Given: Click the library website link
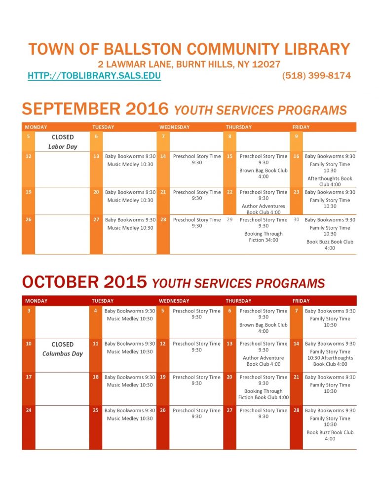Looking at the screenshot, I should coord(94,76).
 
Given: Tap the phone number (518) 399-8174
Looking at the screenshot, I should coord(316,76).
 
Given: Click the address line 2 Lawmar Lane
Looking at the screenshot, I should coord(189,65).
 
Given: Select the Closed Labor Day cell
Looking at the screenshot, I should coord(63,141).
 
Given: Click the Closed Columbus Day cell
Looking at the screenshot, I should coord(63,349).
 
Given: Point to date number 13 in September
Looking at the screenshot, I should coord(96,156).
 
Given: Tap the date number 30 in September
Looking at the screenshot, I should coord(297,220).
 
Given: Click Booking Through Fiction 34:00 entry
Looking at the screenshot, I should coord(264,237).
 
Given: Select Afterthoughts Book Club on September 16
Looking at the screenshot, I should coord(330,181).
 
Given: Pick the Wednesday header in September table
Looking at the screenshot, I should coord(174,127).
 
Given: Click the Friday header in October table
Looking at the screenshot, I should coord(301,301).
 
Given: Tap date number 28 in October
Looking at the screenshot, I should coord(296,411).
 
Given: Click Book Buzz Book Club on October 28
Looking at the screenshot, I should coord(330,435).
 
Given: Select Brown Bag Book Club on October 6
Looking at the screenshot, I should coord(264,328).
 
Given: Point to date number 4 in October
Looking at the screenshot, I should coord(95,311).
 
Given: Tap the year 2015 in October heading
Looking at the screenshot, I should coord(125,282).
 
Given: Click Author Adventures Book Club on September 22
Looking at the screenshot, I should coord(264,209).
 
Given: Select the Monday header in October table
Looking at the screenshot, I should coord(36,301).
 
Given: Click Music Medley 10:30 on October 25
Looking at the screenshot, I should coord(130,419).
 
